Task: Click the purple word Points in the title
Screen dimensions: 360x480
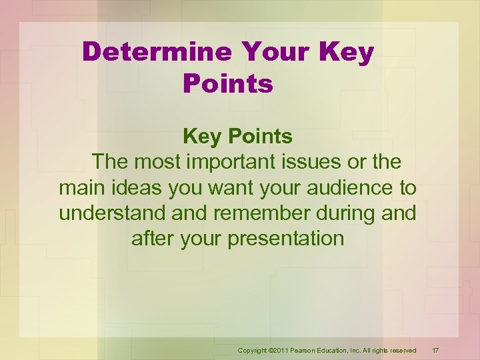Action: (x=227, y=84)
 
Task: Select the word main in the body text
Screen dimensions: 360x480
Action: (x=80, y=187)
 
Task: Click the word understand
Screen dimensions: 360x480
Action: (x=113, y=213)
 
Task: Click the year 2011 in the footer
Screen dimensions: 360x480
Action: (x=281, y=350)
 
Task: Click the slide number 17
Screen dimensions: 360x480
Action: (x=435, y=350)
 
